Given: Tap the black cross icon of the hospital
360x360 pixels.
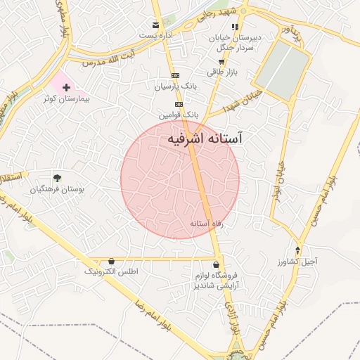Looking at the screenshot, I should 67,88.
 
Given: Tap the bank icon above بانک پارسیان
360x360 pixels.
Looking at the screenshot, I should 175,76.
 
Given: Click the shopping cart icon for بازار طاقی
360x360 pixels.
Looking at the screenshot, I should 221,62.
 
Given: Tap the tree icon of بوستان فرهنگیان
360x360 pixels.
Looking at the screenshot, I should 58,179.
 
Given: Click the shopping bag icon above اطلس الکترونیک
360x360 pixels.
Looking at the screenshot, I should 111,261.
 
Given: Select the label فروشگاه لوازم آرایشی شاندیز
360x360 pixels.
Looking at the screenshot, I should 216,280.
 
